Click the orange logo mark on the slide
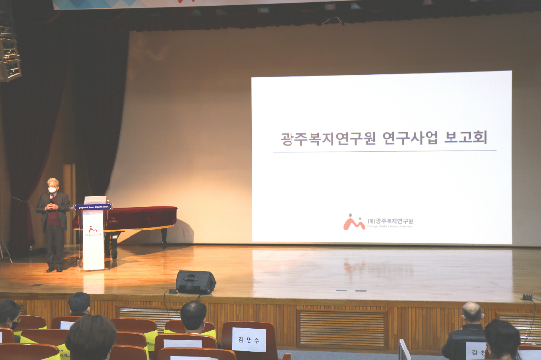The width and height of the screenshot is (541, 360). pos(352,221)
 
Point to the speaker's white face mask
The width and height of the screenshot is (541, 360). pos(53,190)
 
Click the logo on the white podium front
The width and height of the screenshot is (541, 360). pos(92,229)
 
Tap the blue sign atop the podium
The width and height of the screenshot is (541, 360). pos(93,206)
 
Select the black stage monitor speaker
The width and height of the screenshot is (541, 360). pos(195,282)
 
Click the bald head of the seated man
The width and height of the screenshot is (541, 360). pos(471,312)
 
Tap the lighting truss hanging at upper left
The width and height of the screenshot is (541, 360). pos(10,52)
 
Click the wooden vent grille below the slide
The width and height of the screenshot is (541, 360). pos(342,329)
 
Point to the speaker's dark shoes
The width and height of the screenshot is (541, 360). pos(54,268)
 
